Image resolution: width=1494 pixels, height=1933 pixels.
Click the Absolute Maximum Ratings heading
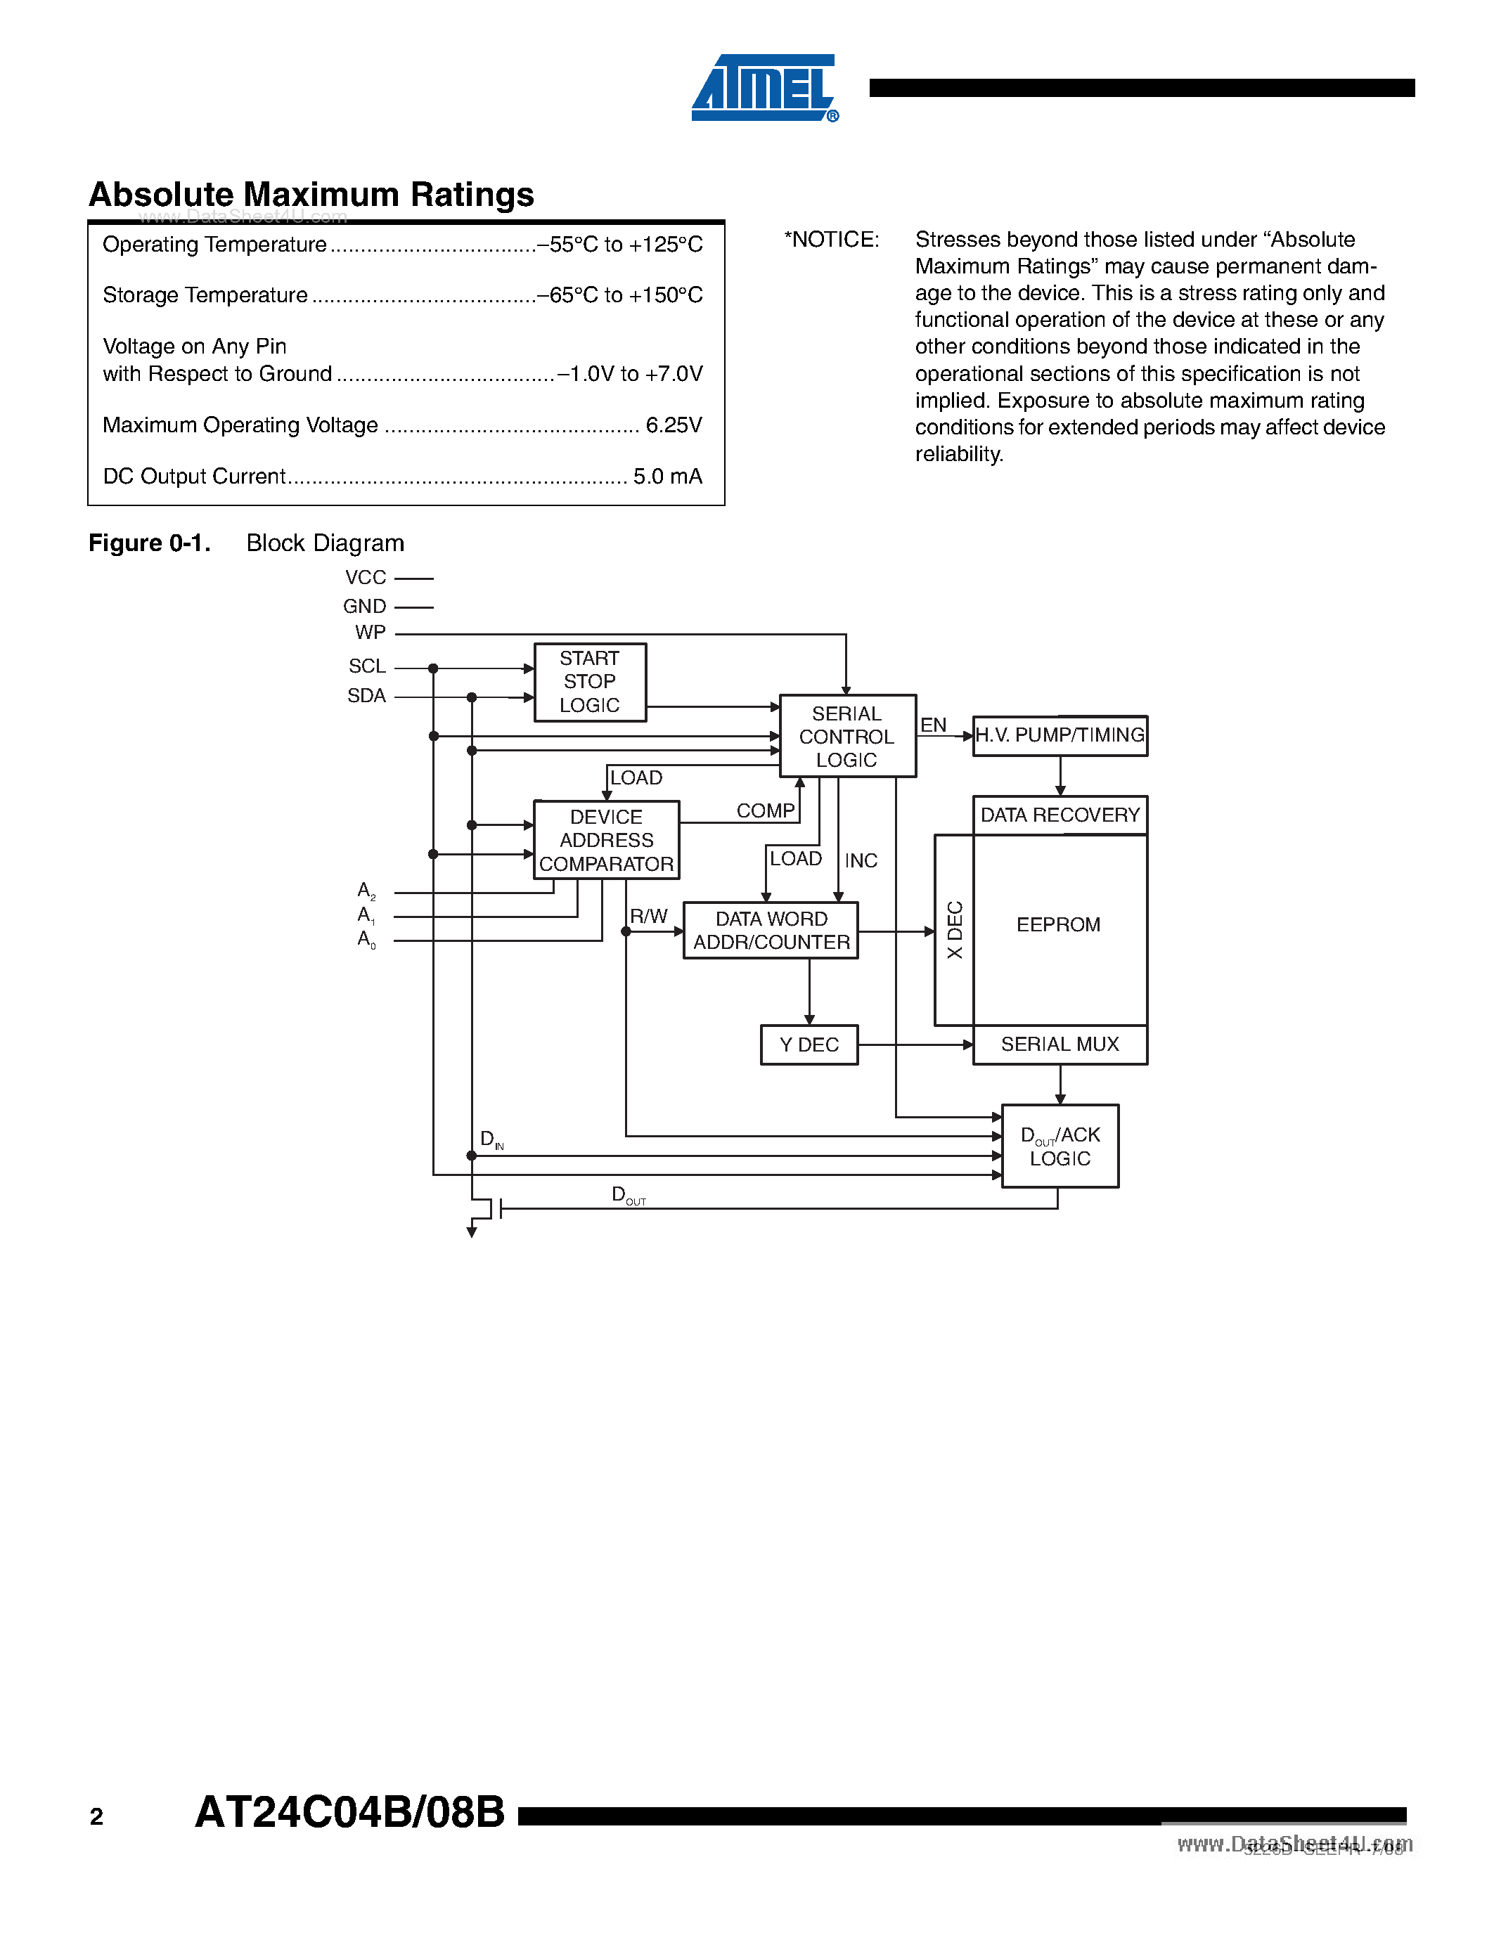(x=311, y=195)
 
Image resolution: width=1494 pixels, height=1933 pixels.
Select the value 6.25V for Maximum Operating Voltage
(x=674, y=426)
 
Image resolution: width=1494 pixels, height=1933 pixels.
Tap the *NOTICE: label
(x=831, y=240)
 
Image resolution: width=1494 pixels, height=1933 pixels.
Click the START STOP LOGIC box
(x=589, y=683)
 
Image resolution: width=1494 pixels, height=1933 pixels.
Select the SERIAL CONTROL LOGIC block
(x=847, y=737)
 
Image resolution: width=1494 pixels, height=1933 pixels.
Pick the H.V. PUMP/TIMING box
(x=1060, y=735)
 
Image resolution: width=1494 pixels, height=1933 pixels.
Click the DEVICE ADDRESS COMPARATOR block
(x=606, y=840)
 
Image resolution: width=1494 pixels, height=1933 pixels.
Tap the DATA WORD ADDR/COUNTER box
(x=771, y=930)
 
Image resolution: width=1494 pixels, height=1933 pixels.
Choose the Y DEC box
(x=809, y=1045)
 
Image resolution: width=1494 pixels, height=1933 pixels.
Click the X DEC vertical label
(x=954, y=930)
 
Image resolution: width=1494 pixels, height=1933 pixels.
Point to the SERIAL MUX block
(x=1060, y=1045)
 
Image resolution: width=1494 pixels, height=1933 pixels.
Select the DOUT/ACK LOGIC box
(x=1060, y=1146)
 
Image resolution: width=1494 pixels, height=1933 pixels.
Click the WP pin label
(x=370, y=633)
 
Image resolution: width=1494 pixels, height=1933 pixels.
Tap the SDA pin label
(x=366, y=697)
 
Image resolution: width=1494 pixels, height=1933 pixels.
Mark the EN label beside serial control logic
(x=933, y=725)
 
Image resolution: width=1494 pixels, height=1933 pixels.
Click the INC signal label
(x=861, y=861)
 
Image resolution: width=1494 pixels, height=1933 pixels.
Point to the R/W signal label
(x=648, y=917)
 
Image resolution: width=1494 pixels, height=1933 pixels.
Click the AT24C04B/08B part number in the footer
(x=349, y=1811)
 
